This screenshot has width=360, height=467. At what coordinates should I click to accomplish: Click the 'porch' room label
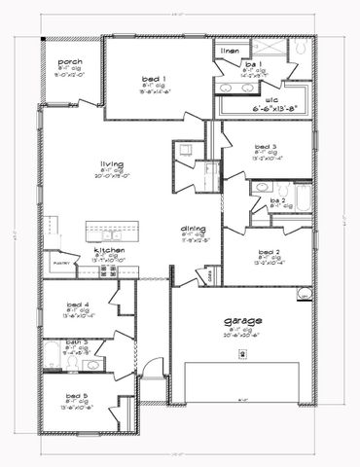(x=70, y=61)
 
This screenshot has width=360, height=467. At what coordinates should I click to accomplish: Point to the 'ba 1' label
(x=253, y=64)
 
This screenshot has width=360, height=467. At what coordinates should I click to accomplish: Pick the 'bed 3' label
(x=268, y=145)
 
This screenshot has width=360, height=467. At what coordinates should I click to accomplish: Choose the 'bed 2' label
(x=270, y=250)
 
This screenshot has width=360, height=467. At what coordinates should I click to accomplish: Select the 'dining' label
(x=192, y=230)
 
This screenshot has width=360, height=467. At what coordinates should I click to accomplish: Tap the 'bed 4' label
(x=77, y=304)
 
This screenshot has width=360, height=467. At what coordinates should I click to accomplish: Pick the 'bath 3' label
(x=77, y=341)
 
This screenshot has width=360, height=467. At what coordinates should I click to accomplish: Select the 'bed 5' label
(x=77, y=396)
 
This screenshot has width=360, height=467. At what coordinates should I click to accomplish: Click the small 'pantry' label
(x=56, y=263)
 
